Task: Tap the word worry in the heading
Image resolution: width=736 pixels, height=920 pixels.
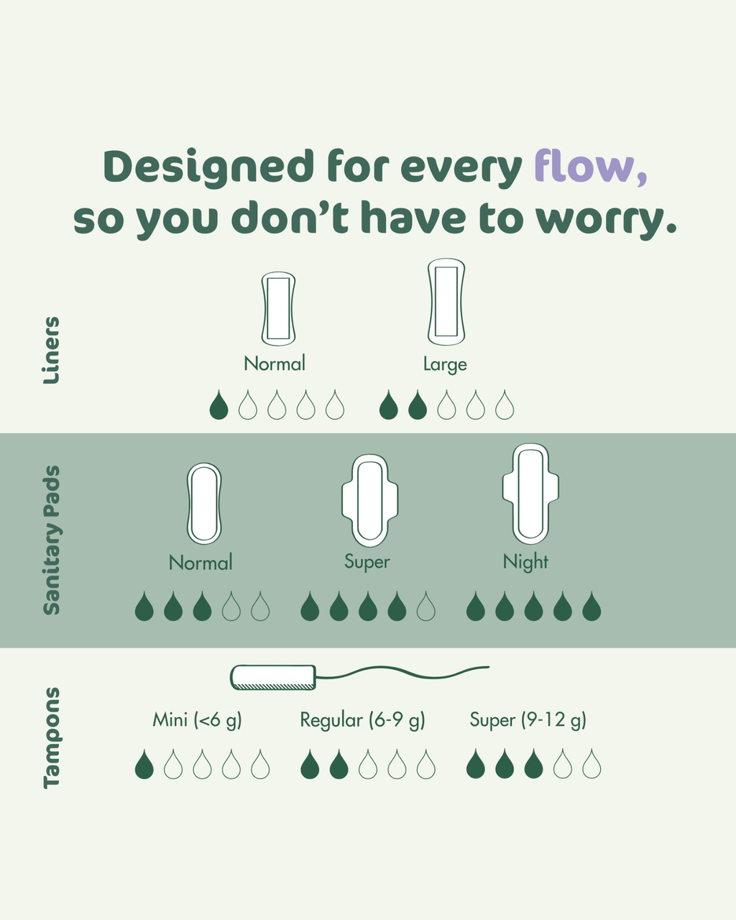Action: [606, 220]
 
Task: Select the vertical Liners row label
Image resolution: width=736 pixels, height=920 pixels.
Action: [51, 350]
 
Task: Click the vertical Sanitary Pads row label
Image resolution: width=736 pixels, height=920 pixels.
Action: [52, 540]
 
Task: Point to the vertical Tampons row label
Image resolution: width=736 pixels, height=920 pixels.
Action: [52, 737]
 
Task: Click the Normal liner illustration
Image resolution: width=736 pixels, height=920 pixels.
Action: [278, 308]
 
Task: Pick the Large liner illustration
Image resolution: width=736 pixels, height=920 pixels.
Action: [446, 301]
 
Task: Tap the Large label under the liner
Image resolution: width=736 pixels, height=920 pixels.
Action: [445, 364]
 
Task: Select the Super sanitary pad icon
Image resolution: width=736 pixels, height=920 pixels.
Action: [370, 500]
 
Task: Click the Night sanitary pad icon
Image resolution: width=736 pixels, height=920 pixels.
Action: [530, 493]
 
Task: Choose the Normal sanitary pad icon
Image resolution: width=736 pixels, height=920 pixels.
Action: [204, 503]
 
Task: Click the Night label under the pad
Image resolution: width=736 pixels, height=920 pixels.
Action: [525, 562]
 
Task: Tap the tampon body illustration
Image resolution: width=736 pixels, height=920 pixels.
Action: [273, 678]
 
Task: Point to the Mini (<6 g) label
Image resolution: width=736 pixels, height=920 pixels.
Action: [197, 720]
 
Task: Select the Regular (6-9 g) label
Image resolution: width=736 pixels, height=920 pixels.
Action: [363, 720]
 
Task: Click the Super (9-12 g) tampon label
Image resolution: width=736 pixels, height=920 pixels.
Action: [528, 720]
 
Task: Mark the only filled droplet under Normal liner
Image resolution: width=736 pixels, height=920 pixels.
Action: [218, 405]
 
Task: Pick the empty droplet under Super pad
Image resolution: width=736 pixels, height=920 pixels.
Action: [426, 606]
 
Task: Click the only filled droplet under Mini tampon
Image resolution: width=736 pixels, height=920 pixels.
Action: [144, 764]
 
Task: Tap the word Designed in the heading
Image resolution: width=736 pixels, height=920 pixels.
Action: [209, 167]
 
